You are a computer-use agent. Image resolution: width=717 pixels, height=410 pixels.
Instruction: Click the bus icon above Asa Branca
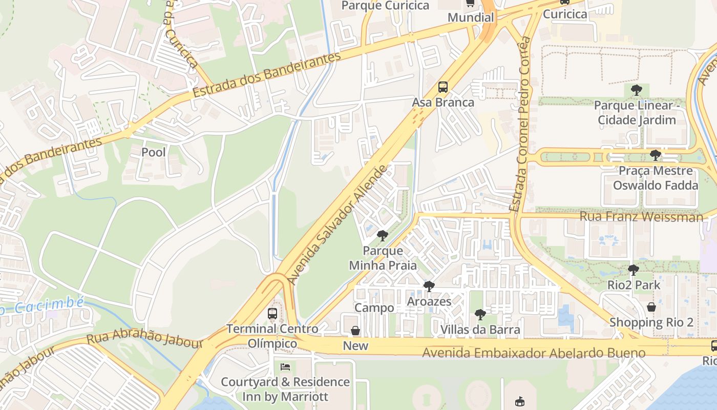point(443,87)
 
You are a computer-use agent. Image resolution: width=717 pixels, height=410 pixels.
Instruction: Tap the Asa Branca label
point(443,102)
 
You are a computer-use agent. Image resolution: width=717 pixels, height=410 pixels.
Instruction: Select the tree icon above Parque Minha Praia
point(382,236)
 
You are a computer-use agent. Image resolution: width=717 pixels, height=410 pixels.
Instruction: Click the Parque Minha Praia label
point(383,258)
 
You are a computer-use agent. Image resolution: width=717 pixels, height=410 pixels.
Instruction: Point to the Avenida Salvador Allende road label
point(339,225)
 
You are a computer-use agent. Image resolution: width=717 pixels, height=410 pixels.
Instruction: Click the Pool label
point(154,152)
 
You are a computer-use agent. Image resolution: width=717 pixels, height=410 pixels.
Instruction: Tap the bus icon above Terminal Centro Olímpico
point(272,313)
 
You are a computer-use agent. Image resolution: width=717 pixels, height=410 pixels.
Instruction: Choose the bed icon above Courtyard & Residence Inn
point(285,367)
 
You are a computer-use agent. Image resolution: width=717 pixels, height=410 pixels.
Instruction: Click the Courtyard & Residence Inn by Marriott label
point(285,389)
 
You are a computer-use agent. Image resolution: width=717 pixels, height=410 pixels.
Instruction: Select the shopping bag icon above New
point(355,331)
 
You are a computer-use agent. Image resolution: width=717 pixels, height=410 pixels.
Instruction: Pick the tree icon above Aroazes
point(429,286)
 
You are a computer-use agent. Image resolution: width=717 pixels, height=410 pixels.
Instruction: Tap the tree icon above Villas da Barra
point(480,314)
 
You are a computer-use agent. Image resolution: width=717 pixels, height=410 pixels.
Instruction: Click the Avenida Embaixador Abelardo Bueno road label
point(534,353)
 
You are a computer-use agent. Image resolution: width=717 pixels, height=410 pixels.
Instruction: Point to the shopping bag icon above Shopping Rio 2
point(651,307)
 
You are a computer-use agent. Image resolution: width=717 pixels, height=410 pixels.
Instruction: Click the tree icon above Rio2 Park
point(634,270)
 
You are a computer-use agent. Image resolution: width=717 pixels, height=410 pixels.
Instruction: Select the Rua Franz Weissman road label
point(641,217)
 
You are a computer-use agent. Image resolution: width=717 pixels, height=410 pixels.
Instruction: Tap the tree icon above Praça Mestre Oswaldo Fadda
point(655,155)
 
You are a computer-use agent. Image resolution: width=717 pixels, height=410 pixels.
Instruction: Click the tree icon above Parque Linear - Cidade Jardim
point(637,90)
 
